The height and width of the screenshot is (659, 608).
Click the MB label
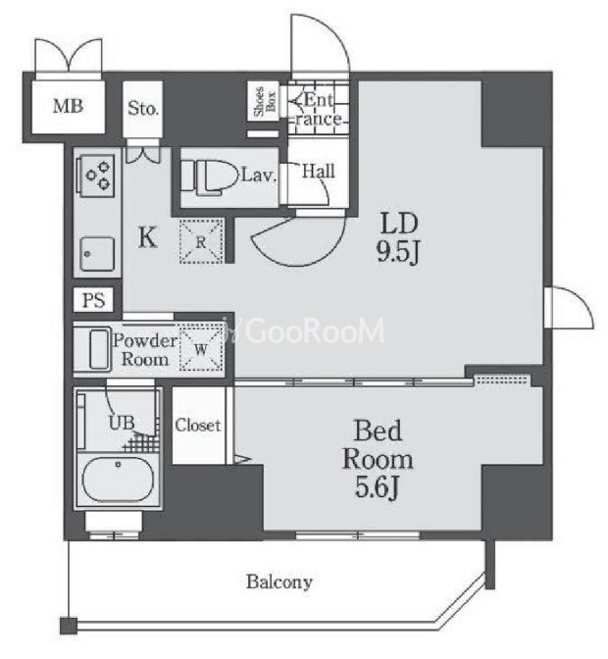coord(68,106)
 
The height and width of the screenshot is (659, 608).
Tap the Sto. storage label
coord(143,109)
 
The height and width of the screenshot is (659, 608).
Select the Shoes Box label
coord(265,101)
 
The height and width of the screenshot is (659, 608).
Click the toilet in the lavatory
coord(207,177)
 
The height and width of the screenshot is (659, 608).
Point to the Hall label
coord(319,171)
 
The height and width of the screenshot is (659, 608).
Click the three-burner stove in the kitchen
coord(97,176)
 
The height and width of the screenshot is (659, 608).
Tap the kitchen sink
coord(97,255)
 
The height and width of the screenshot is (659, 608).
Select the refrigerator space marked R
coord(201,242)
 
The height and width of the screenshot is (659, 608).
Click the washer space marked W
coord(201,348)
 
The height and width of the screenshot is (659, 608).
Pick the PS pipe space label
coord(93,300)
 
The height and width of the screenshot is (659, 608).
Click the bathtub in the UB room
coord(118,480)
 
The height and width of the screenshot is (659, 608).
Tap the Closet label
coord(197,426)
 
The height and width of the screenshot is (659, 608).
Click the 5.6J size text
coord(377,487)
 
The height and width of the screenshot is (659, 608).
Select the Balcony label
coord(279,583)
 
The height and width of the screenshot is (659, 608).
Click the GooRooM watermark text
coord(314,330)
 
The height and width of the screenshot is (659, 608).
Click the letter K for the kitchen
coord(147,237)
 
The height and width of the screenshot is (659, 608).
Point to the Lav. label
coord(259,175)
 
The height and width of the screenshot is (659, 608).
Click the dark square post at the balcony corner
coord(69,626)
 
